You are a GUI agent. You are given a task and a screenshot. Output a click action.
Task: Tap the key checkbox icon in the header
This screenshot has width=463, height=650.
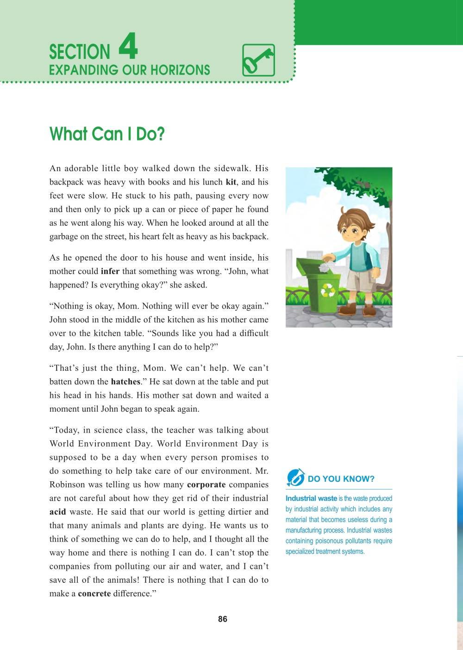(258, 60)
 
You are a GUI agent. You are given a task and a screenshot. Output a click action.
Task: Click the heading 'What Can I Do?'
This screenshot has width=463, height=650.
(107, 134)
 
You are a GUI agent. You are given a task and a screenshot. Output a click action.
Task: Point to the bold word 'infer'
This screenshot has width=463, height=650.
(110, 271)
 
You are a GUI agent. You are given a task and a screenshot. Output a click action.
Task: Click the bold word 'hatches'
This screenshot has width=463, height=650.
(125, 382)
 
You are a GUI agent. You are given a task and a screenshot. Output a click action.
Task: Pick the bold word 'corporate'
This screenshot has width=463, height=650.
(206, 484)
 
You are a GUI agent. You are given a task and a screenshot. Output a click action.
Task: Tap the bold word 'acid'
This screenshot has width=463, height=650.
(58, 512)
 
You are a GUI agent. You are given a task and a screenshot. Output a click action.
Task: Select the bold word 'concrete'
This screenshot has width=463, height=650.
(94, 593)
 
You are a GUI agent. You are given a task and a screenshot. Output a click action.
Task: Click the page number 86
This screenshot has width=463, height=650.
(223, 619)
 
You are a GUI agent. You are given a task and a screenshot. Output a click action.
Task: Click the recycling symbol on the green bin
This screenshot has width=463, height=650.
(328, 290)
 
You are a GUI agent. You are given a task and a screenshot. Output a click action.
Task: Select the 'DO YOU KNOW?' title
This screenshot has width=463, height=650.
(341, 479)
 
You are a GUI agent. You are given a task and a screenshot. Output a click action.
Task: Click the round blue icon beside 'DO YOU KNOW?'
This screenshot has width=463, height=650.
(295, 477)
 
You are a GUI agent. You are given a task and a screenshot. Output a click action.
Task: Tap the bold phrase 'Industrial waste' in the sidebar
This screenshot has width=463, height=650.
(311, 498)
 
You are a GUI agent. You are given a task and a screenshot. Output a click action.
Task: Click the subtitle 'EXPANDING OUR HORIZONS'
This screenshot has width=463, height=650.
(130, 70)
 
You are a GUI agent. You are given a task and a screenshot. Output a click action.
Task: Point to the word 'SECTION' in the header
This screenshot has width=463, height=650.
(80, 52)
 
